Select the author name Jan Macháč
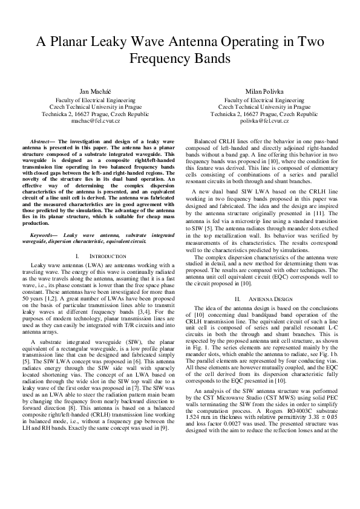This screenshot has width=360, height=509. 96,91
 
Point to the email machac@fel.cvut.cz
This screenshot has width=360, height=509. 96,121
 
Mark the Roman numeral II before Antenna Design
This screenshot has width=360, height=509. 238,299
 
